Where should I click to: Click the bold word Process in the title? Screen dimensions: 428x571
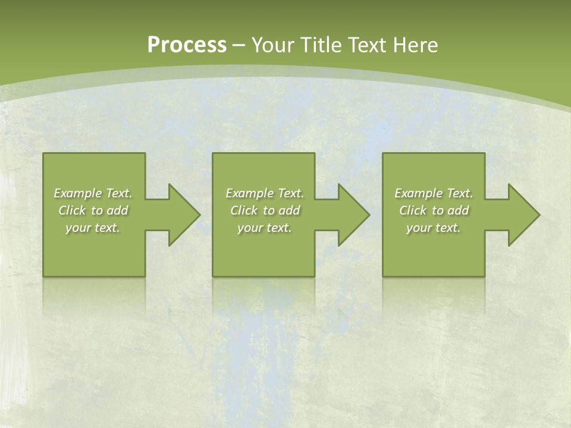point(187,45)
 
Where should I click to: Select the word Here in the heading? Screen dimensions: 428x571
point(415,45)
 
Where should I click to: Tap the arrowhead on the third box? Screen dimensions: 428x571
point(523,215)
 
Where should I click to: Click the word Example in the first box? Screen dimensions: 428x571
point(78,193)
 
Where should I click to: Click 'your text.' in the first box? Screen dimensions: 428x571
point(93,228)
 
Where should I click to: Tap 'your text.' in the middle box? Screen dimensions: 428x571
point(265,228)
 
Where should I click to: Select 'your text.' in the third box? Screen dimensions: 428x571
point(434,228)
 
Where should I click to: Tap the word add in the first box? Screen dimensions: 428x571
point(117,210)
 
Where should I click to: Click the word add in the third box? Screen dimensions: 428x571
point(458,210)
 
